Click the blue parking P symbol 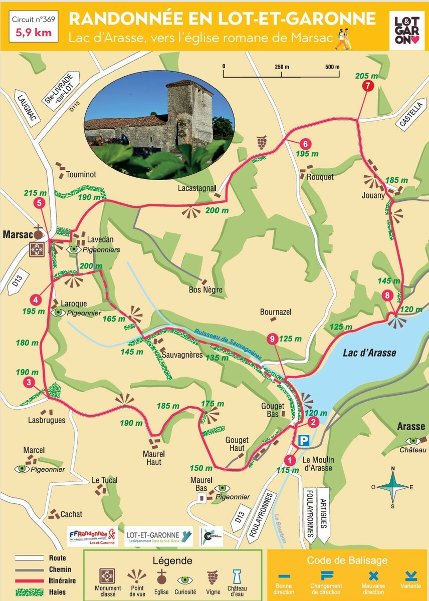(304, 441)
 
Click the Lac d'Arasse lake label (369, 353)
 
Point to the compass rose (393, 486)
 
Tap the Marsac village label (17, 234)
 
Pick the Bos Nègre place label (205, 290)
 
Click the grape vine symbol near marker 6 (262, 142)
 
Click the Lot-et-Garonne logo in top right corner (406, 31)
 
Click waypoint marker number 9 (272, 339)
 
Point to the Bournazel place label (276, 312)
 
